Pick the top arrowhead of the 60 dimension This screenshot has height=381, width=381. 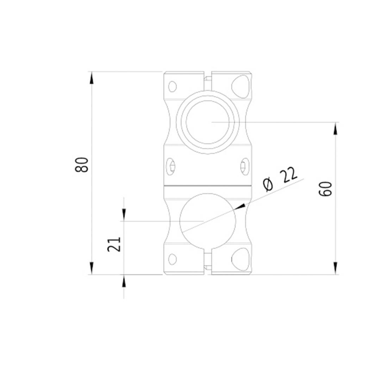(336, 128)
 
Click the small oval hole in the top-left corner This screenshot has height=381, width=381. (173, 86)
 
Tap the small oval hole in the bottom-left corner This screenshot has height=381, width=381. (173, 259)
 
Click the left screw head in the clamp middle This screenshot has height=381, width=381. (172, 165)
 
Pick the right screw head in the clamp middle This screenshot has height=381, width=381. (244, 165)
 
